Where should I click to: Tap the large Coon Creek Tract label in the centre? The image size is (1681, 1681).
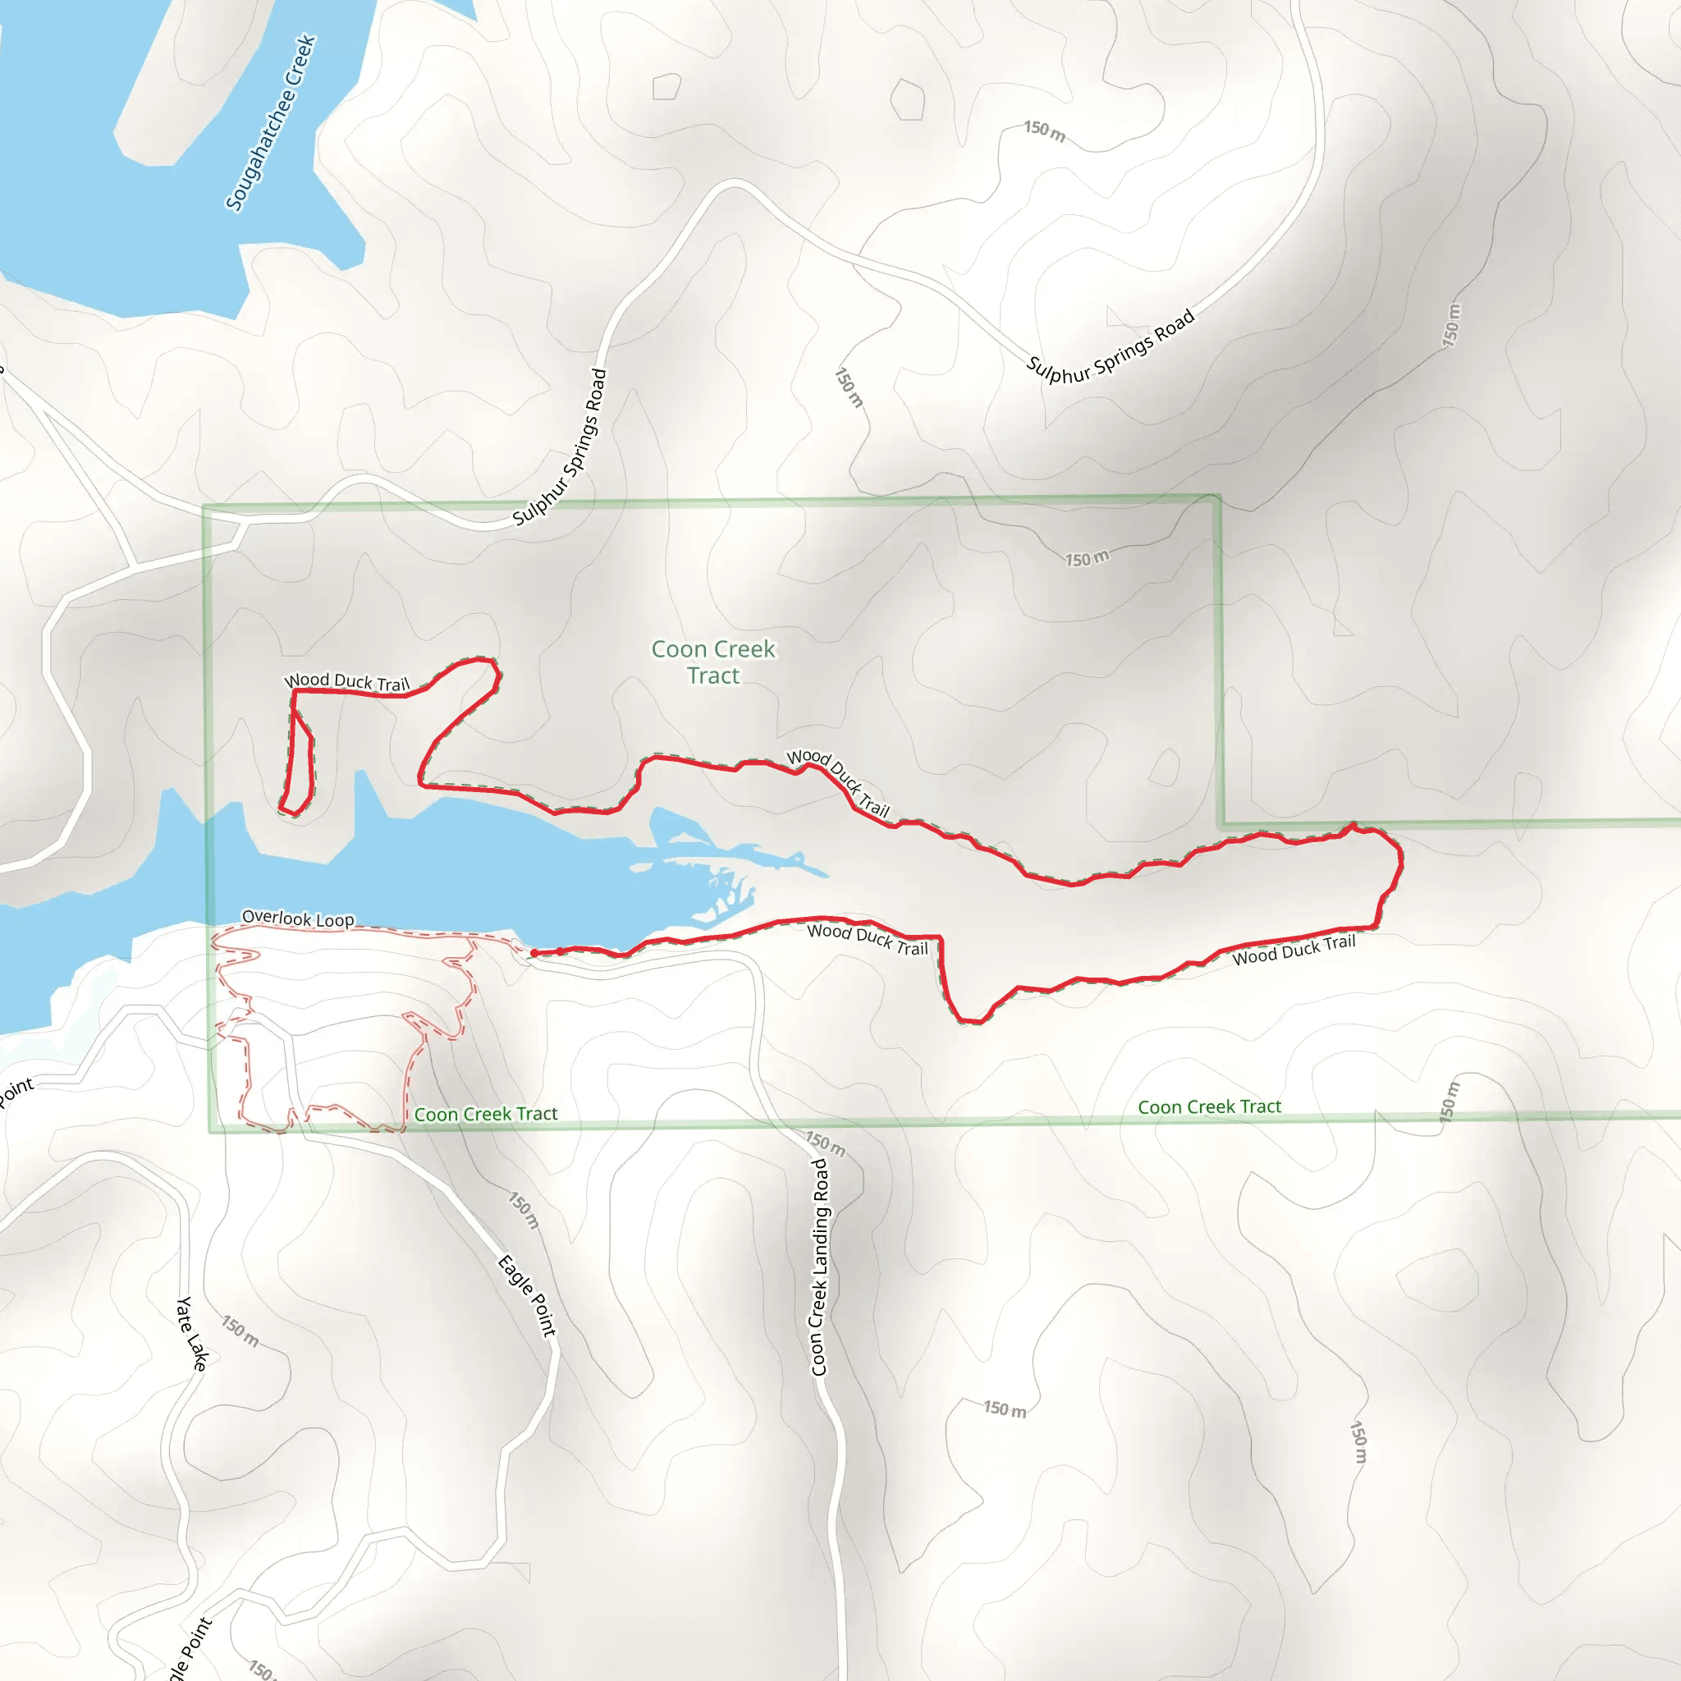point(713,662)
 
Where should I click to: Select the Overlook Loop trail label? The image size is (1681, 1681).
point(298,918)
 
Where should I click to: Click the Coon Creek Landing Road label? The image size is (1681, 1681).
point(820,1266)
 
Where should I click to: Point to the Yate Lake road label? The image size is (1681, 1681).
point(191,1334)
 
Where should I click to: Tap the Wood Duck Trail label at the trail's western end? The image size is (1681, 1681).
point(346,682)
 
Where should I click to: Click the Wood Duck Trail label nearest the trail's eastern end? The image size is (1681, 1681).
point(1294,950)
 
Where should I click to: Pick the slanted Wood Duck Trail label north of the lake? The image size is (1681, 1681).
point(838,782)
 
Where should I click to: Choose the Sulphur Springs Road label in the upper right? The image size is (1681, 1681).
point(1111,346)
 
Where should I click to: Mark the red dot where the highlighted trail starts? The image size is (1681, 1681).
point(534,954)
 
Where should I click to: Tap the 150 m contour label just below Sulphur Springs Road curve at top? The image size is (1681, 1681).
point(1044,131)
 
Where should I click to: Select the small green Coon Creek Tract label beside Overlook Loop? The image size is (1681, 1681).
point(486,1115)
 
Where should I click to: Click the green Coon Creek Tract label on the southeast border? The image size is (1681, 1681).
point(1209,1106)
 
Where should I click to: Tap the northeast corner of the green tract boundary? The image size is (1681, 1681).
point(1218,497)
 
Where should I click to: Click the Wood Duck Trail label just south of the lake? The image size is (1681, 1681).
point(868,939)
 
